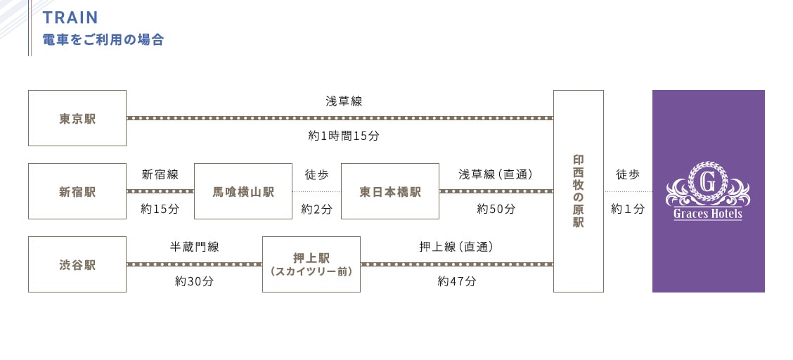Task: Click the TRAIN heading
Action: [x=70, y=17]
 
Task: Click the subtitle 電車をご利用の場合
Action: [x=103, y=39]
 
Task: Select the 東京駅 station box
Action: [x=77, y=118]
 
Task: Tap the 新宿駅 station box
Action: [x=77, y=191]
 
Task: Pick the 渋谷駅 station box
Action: [x=77, y=264]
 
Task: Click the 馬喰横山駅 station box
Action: [x=243, y=191]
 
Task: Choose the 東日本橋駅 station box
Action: [x=390, y=191]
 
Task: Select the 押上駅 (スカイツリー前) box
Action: [x=311, y=264]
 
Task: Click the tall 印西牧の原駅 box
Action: [x=579, y=191]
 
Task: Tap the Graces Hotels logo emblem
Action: [x=708, y=191]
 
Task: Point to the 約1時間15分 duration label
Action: [x=344, y=136]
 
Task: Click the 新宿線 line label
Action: [x=160, y=174]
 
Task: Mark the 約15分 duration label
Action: [x=160, y=209]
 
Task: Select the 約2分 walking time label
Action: [x=316, y=209]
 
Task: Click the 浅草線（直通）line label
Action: [x=496, y=174]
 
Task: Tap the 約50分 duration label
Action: [x=496, y=209]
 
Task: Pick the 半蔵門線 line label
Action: [x=195, y=247]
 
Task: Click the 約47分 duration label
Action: [x=457, y=281]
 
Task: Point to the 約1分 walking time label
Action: [x=628, y=209]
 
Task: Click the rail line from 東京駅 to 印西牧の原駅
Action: [x=340, y=118]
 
